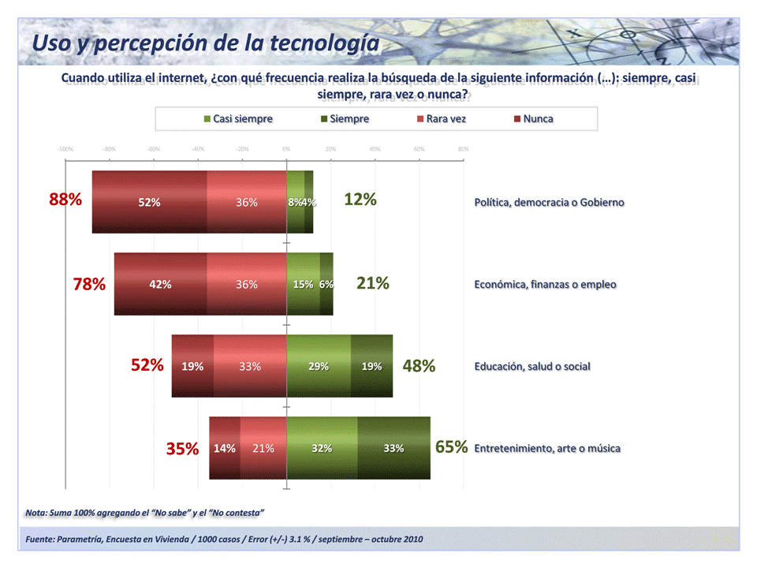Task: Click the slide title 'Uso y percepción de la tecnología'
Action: [205, 43]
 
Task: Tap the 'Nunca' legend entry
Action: [533, 119]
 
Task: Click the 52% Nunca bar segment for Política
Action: [149, 202]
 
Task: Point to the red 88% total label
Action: [65, 200]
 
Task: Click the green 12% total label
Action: [360, 200]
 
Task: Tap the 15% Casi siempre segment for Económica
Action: [303, 284]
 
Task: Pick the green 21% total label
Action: [372, 282]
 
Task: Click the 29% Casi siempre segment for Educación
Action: [319, 366]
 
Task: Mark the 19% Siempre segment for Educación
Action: [371, 366]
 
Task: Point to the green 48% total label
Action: [419, 366]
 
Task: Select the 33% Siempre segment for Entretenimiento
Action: [393, 448]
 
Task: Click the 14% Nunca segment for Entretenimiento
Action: [225, 448]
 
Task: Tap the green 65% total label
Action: [451, 447]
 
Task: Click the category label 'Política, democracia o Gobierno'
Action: [549, 203]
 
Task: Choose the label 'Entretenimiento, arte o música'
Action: [547, 449]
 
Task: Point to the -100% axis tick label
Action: [65, 148]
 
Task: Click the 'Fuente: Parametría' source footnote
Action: [224, 540]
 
